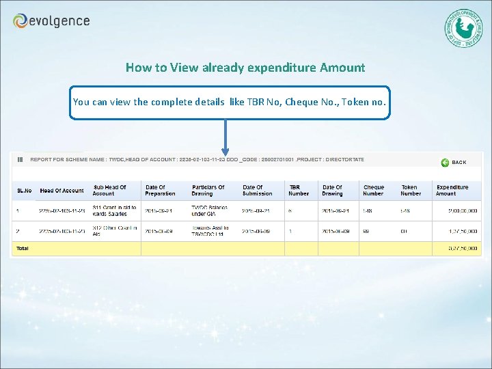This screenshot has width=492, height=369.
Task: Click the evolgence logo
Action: click(x=51, y=21)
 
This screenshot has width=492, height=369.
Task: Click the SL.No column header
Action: click(x=24, y=191)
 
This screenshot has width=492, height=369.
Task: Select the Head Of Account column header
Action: click(x=61, y=191)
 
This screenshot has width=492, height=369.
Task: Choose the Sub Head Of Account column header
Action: click(x=109, y=191)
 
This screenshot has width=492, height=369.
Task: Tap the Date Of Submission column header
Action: click(x=257, y=191)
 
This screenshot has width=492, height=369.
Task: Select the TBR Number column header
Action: click(x=299, y=191)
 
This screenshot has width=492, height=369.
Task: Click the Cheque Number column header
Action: click(x=374, y=191)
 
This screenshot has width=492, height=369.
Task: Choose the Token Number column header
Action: click(x=411, y=191)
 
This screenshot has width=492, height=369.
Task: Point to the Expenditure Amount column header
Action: click(x=452, y=191)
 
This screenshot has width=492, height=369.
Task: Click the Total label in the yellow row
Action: click(x=23, y=248)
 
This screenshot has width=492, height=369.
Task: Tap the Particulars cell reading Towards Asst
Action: click(x=210, y=231)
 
